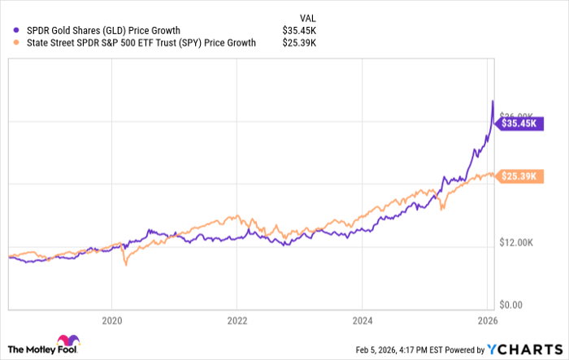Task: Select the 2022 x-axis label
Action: click(x=237, y=319)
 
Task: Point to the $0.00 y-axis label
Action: click(x=517, y=305)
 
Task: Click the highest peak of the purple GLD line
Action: click(x=493, y=101)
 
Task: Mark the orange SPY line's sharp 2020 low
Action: click(x=125, y=264)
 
